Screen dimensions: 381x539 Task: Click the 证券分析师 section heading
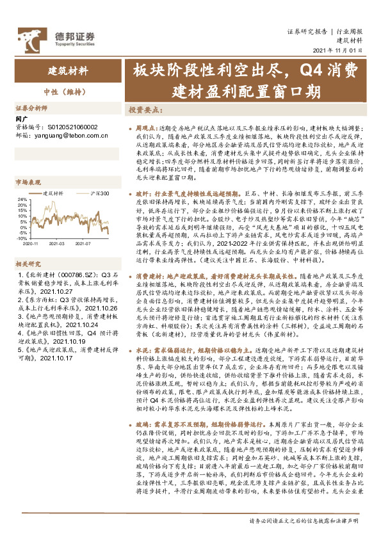coord(31,108)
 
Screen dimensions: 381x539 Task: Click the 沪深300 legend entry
coord(95,193)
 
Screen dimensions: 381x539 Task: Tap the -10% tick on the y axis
coord(20,237)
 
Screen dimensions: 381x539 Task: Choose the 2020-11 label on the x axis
coord(29,243)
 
